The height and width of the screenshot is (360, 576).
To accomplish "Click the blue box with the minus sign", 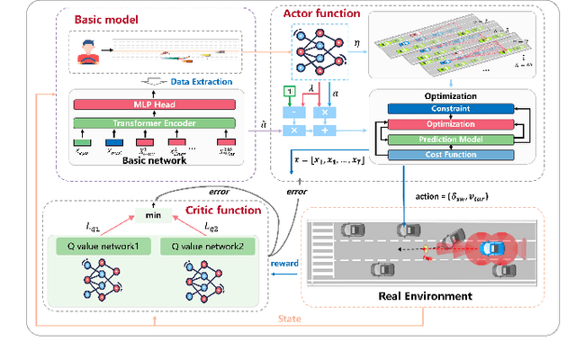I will (x=291, y=112).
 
